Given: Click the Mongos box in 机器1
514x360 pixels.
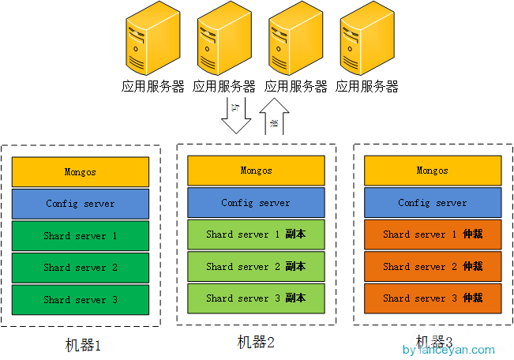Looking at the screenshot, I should click(x=81, y=172).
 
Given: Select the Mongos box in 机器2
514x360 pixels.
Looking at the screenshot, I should click(x=256, y=171).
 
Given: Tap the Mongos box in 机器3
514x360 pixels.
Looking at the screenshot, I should click(x=432, y=171).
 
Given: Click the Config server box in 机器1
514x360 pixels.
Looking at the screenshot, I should click(x=81, y=204).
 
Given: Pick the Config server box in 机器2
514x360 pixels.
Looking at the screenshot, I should click(x=256, y=203).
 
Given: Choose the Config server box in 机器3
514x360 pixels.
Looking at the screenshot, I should click(x=432, y=203).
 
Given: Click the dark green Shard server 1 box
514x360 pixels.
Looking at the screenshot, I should click(x=81, y=236).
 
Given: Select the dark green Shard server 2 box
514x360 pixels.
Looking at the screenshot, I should click(x=81, y=268).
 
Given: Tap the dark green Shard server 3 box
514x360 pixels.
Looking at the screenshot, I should click(x=81, y=300).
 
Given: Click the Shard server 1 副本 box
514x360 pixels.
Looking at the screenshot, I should click(x=256, y=234).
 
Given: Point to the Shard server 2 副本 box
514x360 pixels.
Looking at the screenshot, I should click(x=256, y=267).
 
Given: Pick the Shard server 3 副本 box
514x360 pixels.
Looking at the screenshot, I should click(x=256, y=298).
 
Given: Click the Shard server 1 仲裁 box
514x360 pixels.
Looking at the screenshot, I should click(x=432, y=234).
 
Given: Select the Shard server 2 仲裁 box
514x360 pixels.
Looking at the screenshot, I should click(x=432, y=267).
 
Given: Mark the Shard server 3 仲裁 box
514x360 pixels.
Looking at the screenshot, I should click(x=432, y=298).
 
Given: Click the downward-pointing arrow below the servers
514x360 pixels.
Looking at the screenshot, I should click(x=235, y=115).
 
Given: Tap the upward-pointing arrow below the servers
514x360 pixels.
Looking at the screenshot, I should click(x=274, y=117).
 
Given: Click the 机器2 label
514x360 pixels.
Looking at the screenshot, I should click(x=256, y=342).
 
